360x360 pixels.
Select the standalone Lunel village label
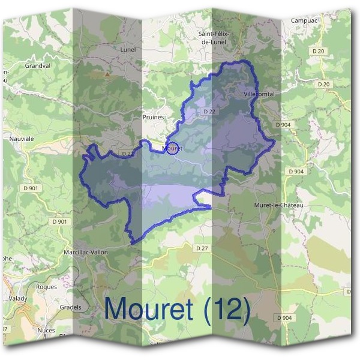point(128,49)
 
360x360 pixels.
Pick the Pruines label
point(154,117)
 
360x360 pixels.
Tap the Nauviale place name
point(22,138)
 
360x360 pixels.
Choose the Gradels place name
point(71,307)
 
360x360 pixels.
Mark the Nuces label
point(46,330)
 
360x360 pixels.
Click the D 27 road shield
point(201,247)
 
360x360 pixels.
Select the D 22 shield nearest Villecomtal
point(209,112)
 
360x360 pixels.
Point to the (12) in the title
point(226,310)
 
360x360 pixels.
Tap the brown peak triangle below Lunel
point(107,74)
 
